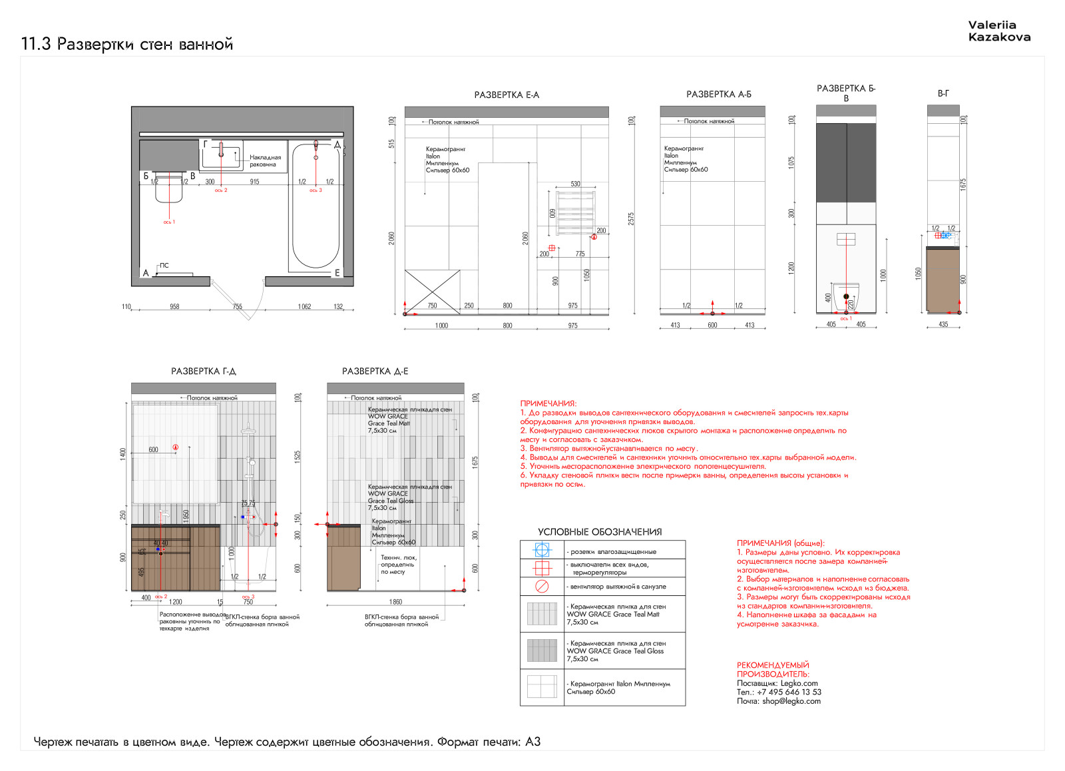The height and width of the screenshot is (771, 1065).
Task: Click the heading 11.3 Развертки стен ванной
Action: (127, 45)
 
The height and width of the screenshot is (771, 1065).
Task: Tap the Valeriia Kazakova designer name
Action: (999, 31)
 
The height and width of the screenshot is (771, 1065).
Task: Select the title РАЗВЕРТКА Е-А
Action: (507, 95)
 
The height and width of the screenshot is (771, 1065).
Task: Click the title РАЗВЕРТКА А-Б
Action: (718, 95)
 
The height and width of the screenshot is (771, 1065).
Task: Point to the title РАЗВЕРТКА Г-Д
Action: (203, 372)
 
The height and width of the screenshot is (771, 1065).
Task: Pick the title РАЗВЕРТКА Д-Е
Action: (375, 372)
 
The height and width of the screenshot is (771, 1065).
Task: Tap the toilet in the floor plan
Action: (168, 188)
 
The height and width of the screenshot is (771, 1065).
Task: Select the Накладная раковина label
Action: (265, 161)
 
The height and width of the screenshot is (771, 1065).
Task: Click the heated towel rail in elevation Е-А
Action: (575, 212)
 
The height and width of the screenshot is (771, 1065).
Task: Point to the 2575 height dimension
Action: (631, 218)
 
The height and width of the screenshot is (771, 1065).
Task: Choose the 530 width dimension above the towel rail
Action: (575, 184)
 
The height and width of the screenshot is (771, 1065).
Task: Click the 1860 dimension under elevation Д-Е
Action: (395, 602)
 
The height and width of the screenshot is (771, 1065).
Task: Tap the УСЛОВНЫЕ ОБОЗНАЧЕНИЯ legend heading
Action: (600, 532)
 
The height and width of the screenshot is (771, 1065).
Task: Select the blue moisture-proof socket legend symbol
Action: (542, 550)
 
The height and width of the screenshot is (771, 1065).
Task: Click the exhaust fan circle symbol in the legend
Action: (542, 587)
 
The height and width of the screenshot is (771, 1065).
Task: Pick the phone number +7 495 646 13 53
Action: (789, 692)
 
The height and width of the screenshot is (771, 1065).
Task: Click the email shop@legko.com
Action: (791, 701)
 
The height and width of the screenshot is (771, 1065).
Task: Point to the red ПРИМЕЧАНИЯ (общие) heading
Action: (780, 543)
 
